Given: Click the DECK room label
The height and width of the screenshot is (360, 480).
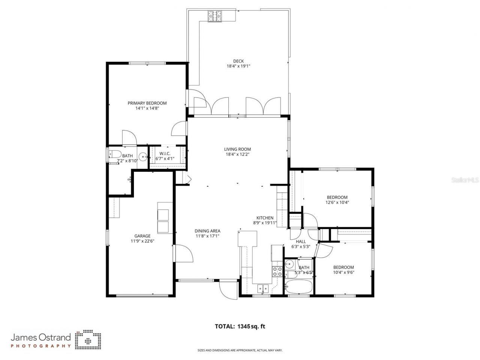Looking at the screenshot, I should point(238,61).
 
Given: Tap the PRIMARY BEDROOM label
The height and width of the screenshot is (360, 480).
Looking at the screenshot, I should point(147,103).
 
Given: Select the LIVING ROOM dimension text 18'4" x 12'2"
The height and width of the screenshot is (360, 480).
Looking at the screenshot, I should point(238,154).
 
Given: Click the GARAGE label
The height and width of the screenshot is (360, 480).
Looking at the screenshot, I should point(142,236).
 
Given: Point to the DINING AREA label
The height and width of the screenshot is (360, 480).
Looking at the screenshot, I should point(207,231).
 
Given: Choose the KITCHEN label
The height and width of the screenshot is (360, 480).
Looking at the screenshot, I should point(265,218).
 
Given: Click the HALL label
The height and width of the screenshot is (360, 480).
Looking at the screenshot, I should point(301,241).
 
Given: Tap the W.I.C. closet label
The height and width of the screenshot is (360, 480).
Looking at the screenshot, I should point(165,153).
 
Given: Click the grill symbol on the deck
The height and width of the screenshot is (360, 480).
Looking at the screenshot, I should point(215,16).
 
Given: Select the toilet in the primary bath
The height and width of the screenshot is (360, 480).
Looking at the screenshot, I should point(114,154).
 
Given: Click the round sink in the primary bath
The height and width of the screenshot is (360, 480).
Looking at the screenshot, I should point(143,157).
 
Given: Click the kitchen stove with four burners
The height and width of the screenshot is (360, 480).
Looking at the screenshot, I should point(277,271).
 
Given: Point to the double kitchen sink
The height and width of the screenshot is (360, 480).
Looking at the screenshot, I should point(262,288).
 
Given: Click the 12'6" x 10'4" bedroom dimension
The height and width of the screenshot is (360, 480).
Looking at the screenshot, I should point(337,202).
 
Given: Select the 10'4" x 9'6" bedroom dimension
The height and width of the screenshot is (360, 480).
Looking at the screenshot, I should point(343,272).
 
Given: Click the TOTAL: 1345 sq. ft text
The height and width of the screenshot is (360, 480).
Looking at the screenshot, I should point(240,326).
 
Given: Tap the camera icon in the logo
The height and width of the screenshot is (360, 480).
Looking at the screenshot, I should point(88,339).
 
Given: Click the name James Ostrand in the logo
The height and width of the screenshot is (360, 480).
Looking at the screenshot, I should point(40,337).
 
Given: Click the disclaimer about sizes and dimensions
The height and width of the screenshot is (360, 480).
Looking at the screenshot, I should point(240,351).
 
